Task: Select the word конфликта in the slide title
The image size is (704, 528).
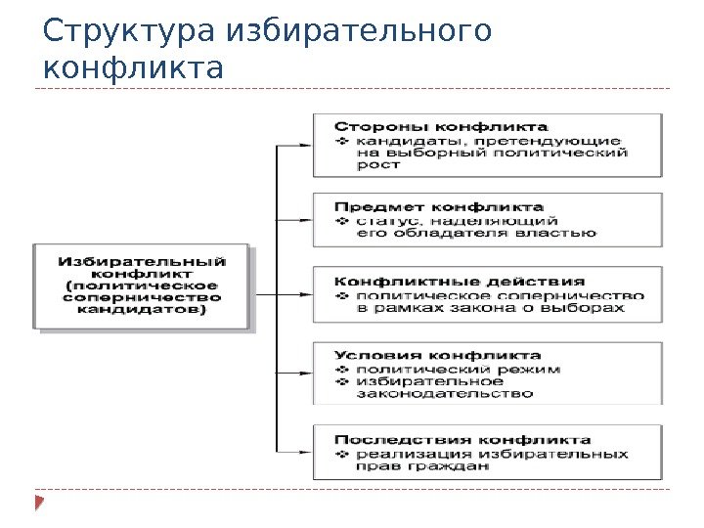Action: pos(134,70)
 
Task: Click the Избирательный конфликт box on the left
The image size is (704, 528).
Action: pos(142,286)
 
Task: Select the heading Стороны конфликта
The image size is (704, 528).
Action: pos(441,126)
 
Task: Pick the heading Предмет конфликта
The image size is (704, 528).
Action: pos(439,207)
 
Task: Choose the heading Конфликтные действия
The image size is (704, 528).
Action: pos(461,282)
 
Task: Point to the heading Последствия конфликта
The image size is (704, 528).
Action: pos(462,439)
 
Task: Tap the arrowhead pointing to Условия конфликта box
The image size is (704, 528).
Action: pos(306,373)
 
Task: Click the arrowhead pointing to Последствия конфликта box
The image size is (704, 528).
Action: pos(306,451)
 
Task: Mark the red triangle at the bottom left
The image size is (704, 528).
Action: pos(39,505)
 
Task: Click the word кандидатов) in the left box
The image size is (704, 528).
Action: pos(142,311)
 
